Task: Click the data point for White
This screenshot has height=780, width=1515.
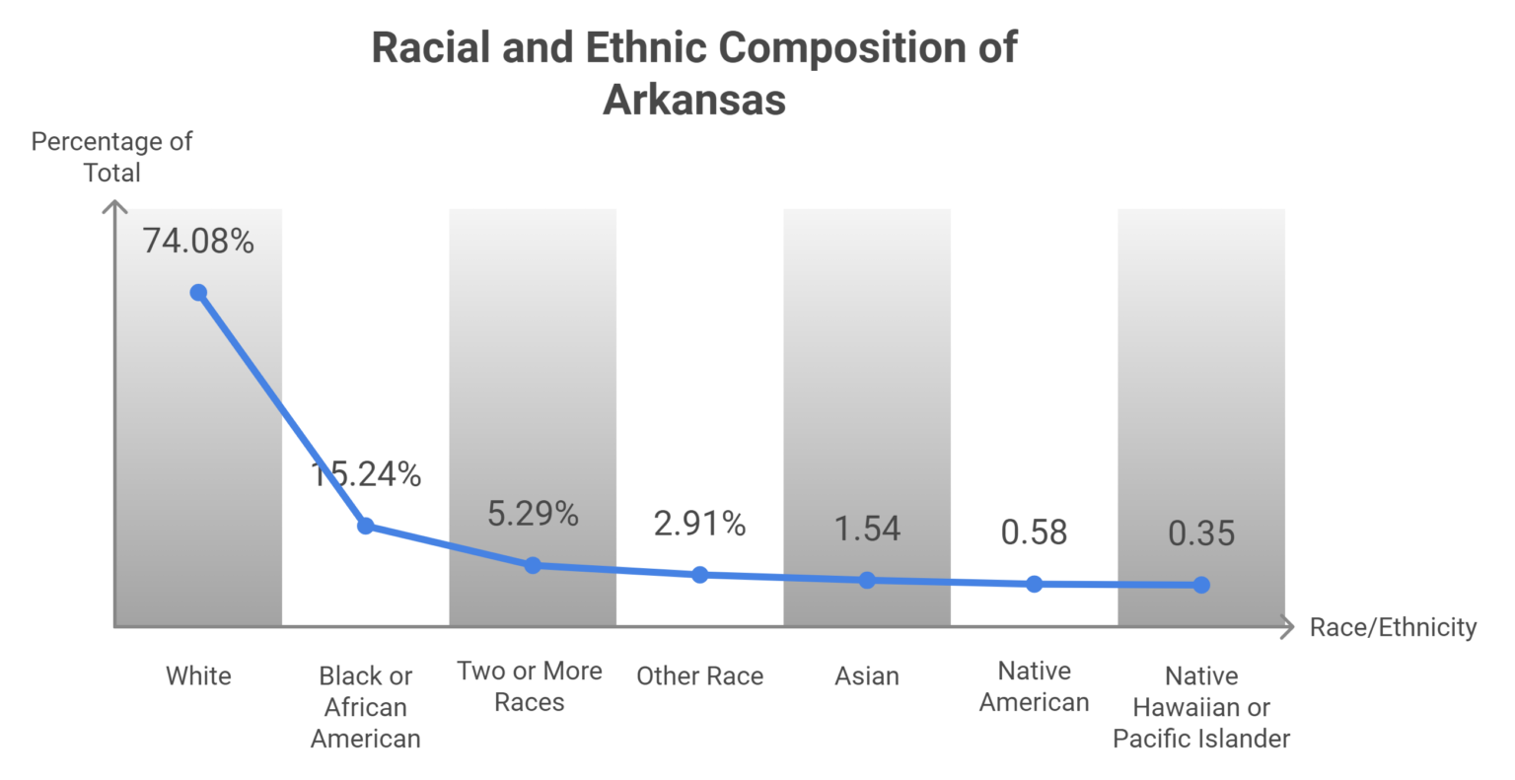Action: coord(198,293)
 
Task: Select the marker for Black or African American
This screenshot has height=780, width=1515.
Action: coord(365,526)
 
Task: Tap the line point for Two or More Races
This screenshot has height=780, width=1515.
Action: coord(533,565)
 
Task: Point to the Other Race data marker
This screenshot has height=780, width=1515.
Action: coord(699,575)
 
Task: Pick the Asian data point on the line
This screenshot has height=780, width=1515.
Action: coord(867,581)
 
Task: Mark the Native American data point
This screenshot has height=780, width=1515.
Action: coord(1034,584)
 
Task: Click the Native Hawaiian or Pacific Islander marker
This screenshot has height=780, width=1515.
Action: coord(1201,585)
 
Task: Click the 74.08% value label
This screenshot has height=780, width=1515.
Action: coord(198,241)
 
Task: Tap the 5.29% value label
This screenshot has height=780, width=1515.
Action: coord(533,514)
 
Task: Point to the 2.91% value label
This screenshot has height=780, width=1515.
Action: coord(699,524)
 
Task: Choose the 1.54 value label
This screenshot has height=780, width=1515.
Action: coord(867,529)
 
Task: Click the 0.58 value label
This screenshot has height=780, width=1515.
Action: coord(1034,532)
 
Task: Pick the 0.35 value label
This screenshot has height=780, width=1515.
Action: coord(1201,533)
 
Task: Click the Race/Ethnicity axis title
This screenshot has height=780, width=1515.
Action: coord(1393,627)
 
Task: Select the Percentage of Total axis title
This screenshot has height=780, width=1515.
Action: coord(111,157)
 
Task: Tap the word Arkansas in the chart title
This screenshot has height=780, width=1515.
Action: coord(694,100)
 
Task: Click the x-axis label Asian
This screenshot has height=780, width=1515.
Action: coord(867,676)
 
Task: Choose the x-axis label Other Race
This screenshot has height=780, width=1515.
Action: coord(699,676)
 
